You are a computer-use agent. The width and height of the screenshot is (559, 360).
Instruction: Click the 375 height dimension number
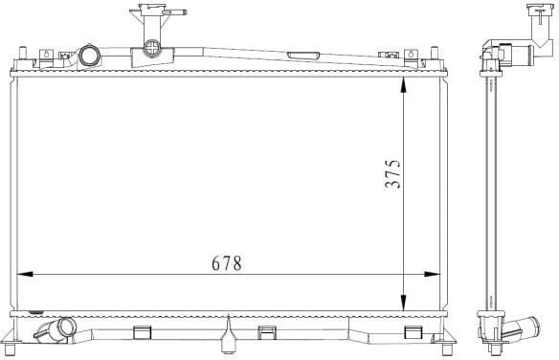392,173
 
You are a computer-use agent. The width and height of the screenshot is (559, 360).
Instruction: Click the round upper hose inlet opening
89,56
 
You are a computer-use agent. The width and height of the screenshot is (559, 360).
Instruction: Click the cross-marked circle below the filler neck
151,48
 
